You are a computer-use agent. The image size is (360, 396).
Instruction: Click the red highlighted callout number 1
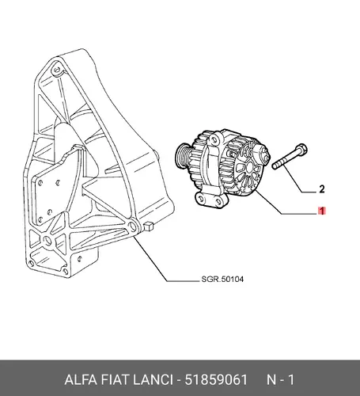coord(322,211)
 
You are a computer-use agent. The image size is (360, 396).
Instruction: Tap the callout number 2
coord(322,189)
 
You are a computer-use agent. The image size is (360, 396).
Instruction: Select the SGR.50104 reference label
coord(222,279)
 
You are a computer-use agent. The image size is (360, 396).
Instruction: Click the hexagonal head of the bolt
coord(301,150)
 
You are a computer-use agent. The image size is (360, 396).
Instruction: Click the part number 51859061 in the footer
coord(216,380)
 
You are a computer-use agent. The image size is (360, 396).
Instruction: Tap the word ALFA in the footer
coord(81,380)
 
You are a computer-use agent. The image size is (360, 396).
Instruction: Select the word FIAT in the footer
coord(115,380)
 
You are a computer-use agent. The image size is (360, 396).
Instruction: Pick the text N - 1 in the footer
coord(280,380)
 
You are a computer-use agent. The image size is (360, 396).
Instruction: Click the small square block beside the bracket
coord(149,226)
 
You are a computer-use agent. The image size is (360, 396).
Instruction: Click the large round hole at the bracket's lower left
coord(47,239)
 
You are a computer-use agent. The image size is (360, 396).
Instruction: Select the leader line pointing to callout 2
coord(300,179)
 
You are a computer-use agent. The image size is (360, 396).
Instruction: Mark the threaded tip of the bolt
coord(275,166)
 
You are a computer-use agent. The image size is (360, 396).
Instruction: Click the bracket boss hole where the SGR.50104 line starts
coord(131,226)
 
